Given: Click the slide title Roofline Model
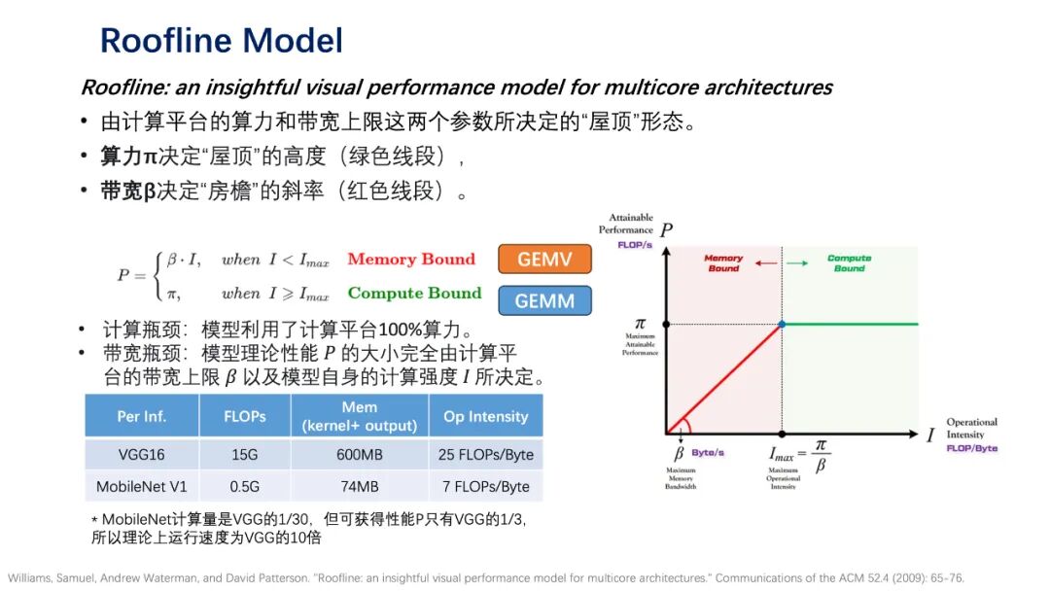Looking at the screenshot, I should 222,41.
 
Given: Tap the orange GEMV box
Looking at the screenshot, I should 544,261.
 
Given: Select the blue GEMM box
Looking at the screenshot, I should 544,301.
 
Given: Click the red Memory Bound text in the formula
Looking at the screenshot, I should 411,260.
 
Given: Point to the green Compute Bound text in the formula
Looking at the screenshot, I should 414,293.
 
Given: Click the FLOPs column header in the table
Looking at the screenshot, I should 244,416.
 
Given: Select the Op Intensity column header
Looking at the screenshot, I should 485,416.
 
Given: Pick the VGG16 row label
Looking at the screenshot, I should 142,455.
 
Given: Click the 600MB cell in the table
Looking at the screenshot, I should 359,455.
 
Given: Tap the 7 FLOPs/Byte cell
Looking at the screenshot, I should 485,486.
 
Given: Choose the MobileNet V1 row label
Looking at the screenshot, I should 142,486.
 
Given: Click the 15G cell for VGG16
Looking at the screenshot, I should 244,455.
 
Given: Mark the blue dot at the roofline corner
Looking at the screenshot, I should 782,324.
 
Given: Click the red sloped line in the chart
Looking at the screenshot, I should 724,378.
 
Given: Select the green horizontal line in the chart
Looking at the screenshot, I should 851,324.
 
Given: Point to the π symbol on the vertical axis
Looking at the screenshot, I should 640,323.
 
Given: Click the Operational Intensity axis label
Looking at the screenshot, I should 971,429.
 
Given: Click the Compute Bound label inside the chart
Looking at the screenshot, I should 849,262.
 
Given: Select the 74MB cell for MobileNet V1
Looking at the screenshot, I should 359,486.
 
